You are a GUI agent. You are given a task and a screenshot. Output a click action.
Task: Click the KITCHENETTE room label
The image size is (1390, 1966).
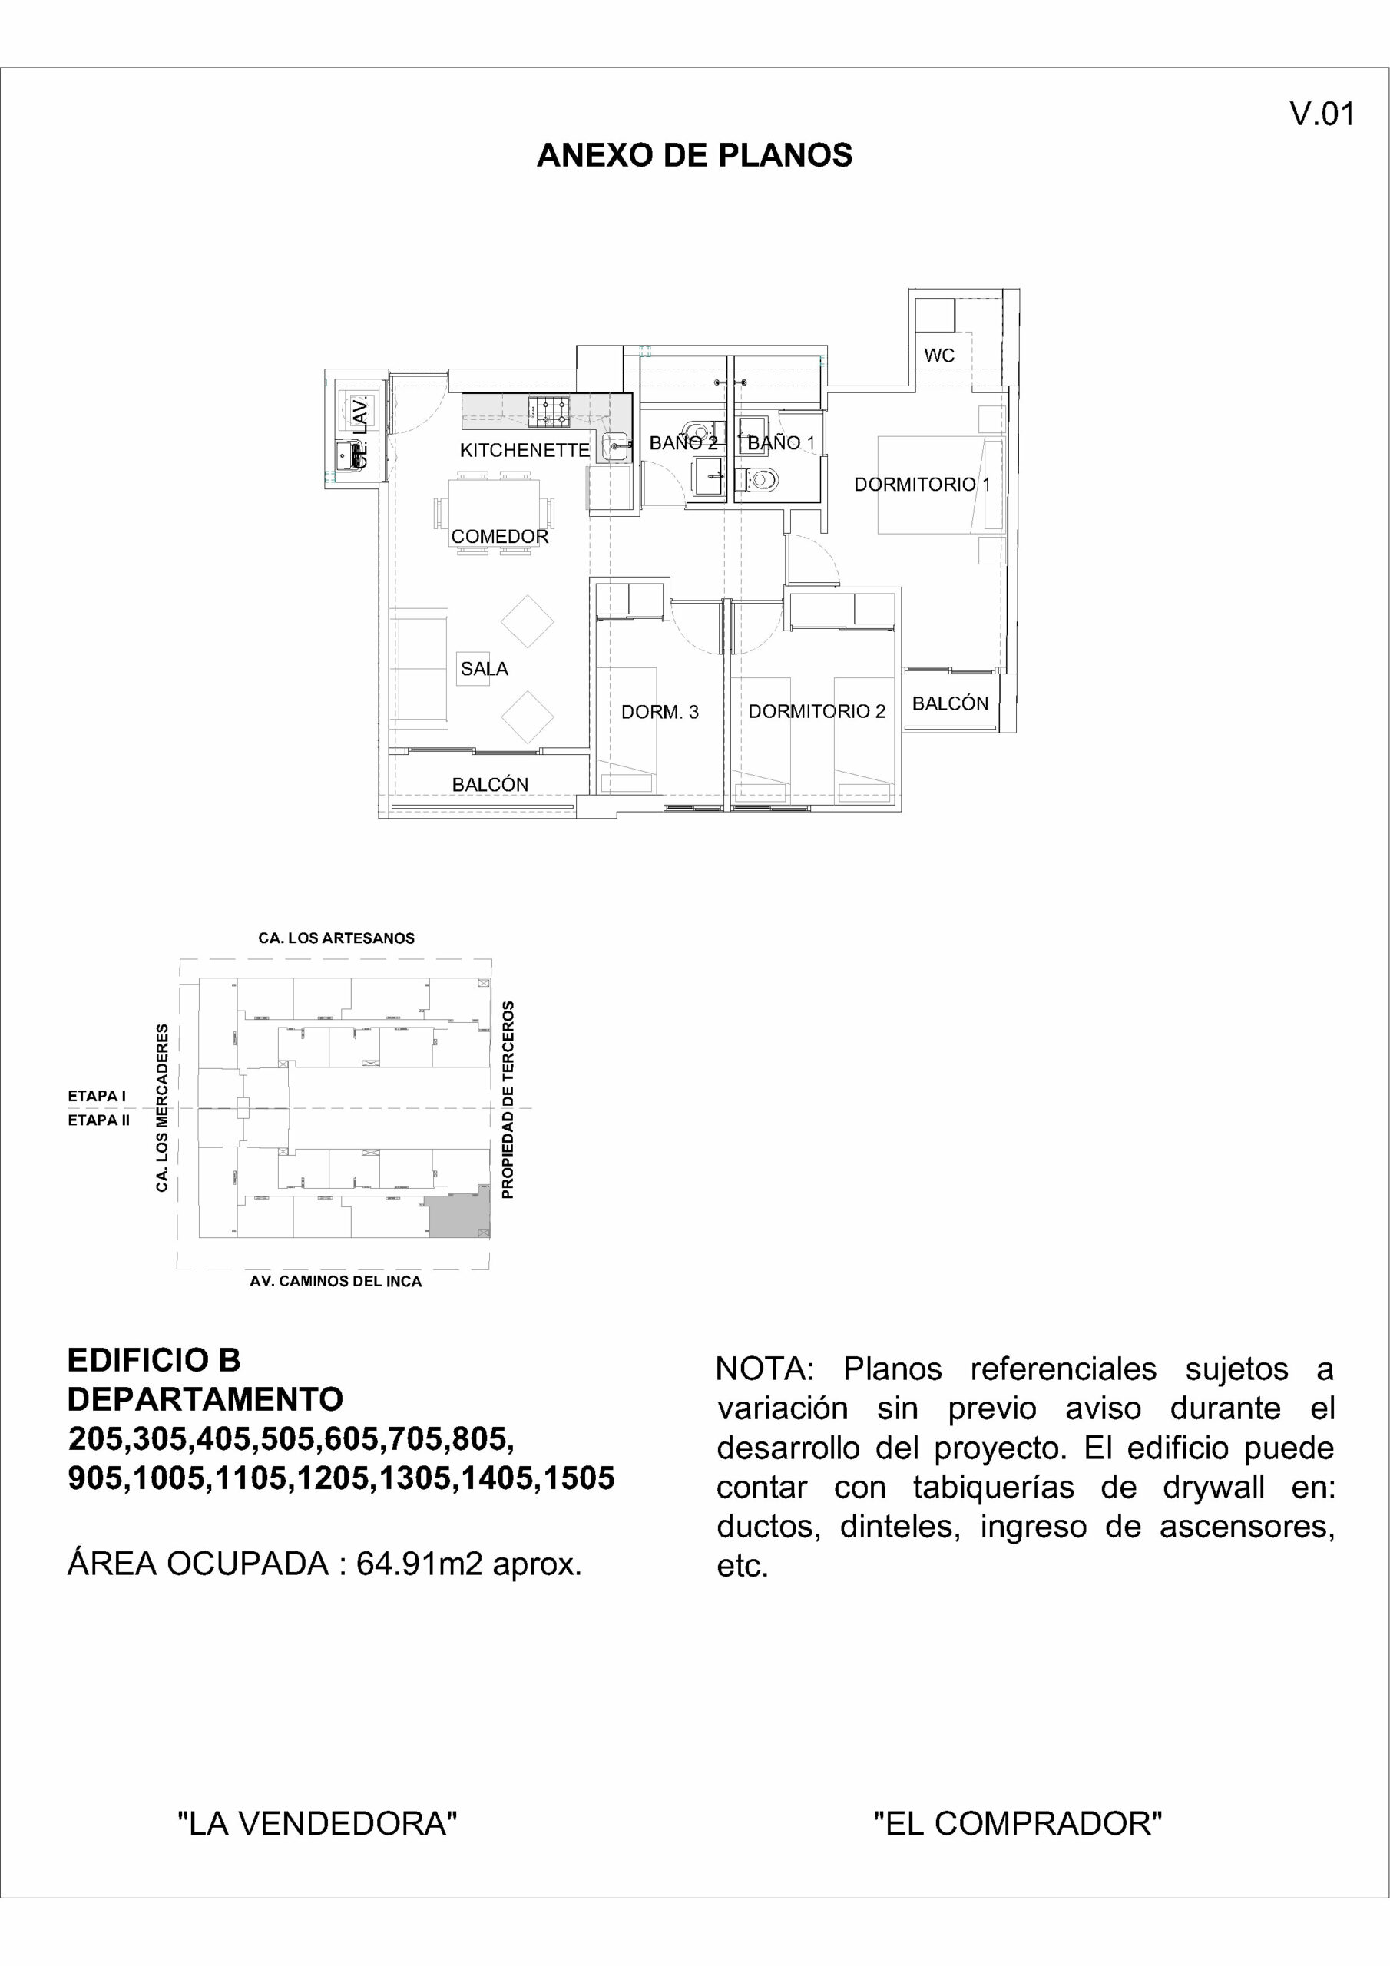(525, 450)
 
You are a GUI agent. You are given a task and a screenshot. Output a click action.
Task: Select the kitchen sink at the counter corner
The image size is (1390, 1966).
(617, 445)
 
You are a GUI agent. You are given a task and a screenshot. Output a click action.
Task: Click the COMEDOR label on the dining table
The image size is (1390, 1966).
(499, 537)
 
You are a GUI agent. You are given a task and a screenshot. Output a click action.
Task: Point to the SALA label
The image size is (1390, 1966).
(484, 669)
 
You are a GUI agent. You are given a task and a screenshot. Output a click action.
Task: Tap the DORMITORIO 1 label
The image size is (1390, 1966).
(922, 485)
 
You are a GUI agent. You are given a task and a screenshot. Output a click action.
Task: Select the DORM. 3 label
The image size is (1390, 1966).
(660, 712)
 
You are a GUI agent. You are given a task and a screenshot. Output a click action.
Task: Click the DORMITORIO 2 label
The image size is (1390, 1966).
(816, 712)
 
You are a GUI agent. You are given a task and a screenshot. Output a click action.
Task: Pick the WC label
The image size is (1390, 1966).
(938, 356)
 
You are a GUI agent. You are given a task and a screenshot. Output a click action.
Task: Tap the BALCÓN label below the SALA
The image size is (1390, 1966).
(490, 784)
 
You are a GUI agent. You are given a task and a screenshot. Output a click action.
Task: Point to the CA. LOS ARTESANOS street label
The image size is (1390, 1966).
(336, 938)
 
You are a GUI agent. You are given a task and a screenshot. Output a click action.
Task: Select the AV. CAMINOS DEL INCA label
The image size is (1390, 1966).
(336, 1282)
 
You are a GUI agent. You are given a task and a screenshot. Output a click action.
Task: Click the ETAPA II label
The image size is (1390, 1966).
(98, 1120)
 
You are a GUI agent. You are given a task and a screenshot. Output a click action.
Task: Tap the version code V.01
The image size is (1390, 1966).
(1322, 114)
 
